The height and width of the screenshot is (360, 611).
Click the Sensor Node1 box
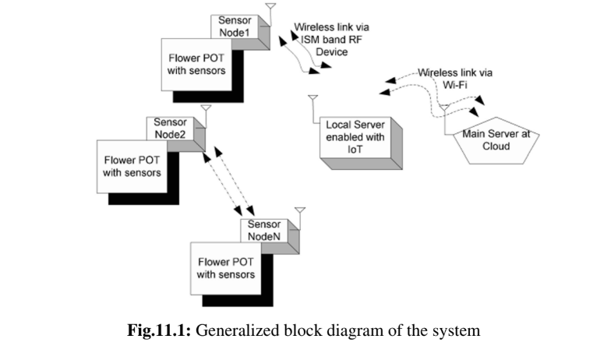pos(235,26)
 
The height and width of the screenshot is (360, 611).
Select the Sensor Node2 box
pos(170,128)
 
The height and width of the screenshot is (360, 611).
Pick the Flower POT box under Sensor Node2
pos(133,166)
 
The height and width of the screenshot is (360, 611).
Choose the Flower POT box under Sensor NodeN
pos(225,268)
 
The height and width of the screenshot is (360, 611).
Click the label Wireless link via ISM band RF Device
pos(326,39)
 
